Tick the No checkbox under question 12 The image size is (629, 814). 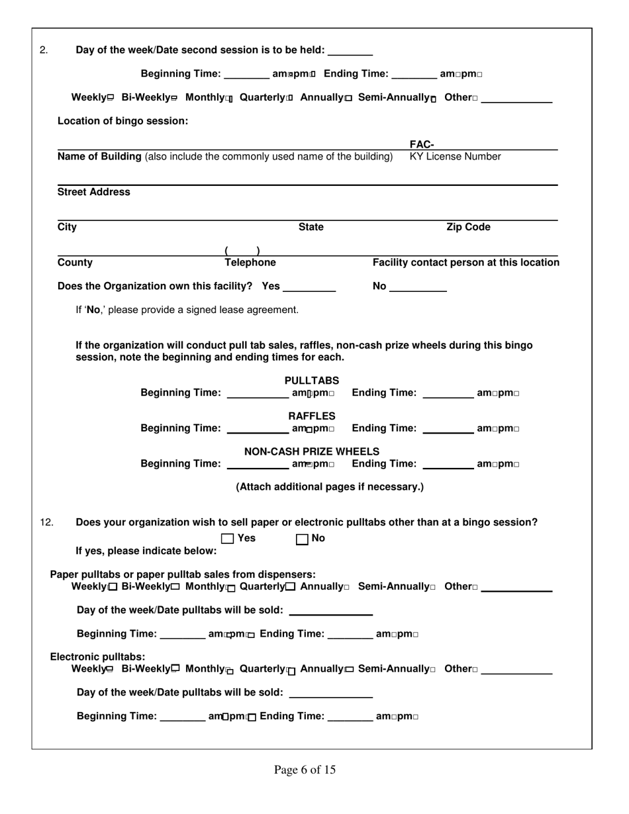(302, 539)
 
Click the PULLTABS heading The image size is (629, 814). (312, 381)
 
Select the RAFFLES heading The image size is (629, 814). (312, 416)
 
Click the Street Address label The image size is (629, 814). (94, 192)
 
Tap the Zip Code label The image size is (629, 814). (468, 227)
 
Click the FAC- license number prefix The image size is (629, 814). (421, 145)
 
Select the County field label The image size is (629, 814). (75, 263)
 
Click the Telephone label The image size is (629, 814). (250, 263)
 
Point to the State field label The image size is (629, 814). (311, 227)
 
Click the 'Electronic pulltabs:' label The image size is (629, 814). (98, 656)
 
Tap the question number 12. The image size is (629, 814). (46, 522)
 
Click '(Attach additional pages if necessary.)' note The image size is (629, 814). (330, 487)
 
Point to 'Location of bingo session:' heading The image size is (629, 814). (123, 121)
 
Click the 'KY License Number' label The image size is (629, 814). (456, 156)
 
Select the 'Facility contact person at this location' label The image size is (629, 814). (466, 263)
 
